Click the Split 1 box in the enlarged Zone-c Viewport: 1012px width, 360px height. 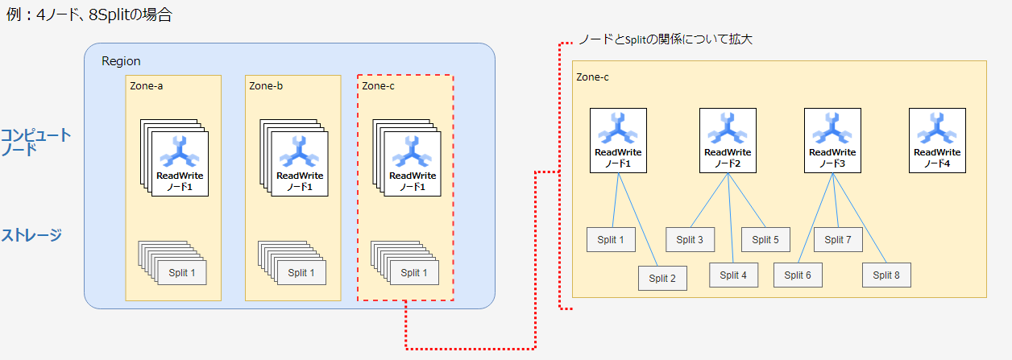[610, 239]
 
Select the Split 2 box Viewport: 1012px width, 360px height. [662, 278]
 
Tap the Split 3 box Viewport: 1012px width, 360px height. [690, 239]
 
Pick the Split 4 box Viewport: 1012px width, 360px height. [733, 275]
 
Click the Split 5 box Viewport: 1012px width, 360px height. [765, 239]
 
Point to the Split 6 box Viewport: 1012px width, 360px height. [798, 275]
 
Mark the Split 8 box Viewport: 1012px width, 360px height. [886, 275]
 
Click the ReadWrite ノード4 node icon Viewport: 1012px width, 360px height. [936, 140]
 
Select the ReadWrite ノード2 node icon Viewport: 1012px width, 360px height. [728, 140]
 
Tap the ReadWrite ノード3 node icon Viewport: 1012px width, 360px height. [832, 140]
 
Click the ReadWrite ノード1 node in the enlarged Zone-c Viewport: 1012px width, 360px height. [618, 140]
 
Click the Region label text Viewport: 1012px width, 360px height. [121, 61]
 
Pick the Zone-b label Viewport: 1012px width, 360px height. [266, 85]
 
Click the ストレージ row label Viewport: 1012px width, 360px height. [31, 235]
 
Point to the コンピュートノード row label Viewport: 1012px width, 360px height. [35, 142]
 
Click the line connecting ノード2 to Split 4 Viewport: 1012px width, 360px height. [730, 217]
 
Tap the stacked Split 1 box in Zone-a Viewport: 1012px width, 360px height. [182, 272]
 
